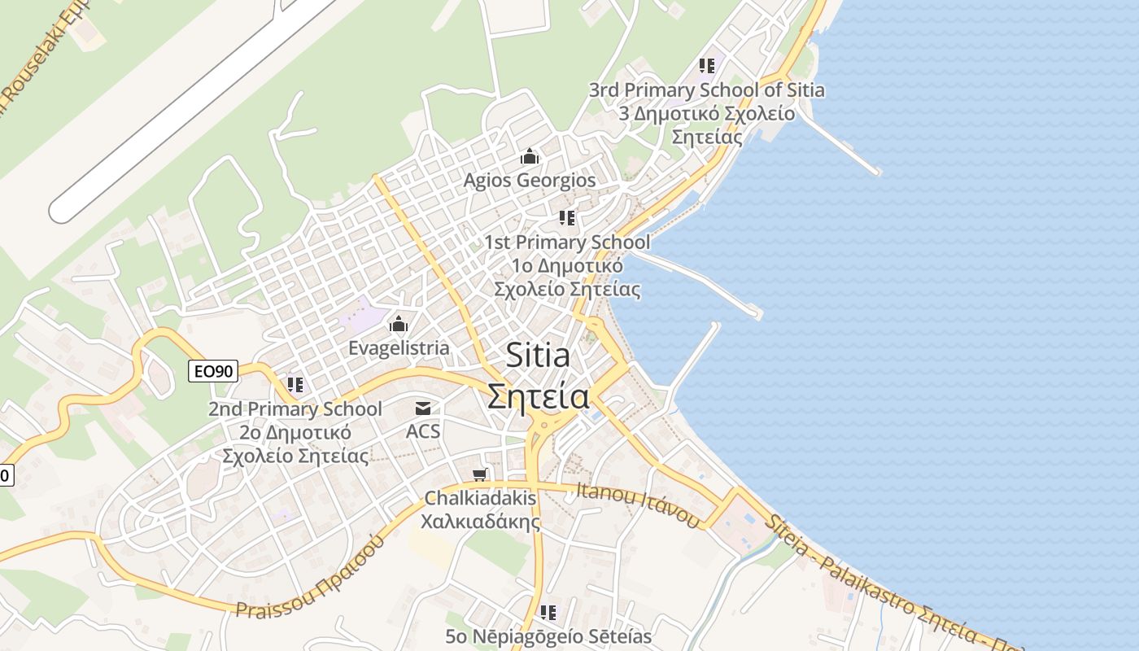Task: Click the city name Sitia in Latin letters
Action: pyautogui.click(x=538, y=356)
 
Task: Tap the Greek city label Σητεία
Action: pyautogui.click(x=539, y=396)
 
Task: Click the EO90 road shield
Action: pyautogui.click(x=213, y=372)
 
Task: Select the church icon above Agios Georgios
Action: pyautogui.click(x=530, y=155)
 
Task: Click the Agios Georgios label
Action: pyautogui.click(x=530, y=180)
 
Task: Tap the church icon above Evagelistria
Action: pyautogui.click(x=399, y=324)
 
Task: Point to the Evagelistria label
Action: pyautogui.click(x=399, y=348)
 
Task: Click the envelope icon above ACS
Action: pyautogui.click(x=423, y=408)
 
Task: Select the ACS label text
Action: pyautogui.click(x=423, y=431)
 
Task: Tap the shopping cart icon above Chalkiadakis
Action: pyautogui.click(x=480, y=474)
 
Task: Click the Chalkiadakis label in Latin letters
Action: pyautogui.click(x=480, y=497)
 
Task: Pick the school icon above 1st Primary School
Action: pyautogui.click(x=567, y=217)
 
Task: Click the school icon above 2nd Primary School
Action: pyautogui.click(x=295, y=383)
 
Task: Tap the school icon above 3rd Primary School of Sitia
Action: pyautogui.click(x=706, y=65)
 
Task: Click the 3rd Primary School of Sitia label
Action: pyautogui.click(x=706, y=90)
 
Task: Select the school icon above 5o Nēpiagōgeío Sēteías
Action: pyautogui.click(x=549, y=612)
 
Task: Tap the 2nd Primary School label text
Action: pyautogui.click(x=295, y=409)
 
